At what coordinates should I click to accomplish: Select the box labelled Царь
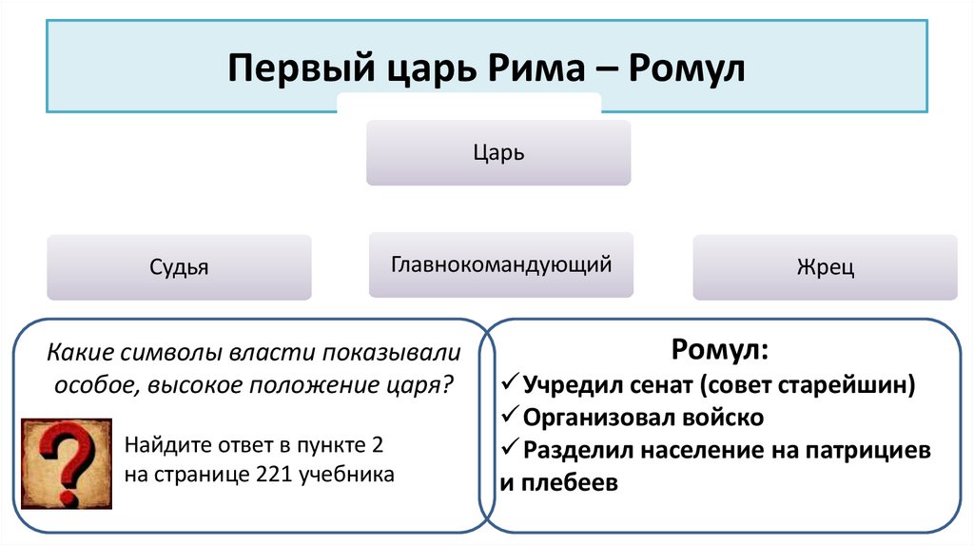pos(498,152)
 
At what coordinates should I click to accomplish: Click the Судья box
pos(179,267)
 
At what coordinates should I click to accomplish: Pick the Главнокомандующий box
pos(500,263)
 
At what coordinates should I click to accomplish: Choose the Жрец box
pos(825,267)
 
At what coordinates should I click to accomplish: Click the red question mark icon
pos(67,463)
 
